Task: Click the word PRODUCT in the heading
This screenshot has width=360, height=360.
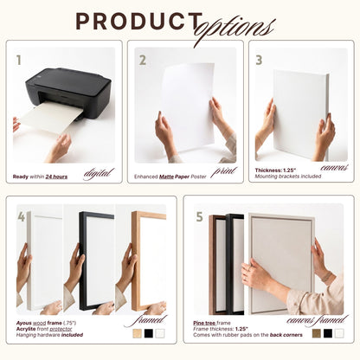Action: pos(139,22)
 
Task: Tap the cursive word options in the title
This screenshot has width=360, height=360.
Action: pos(235,28)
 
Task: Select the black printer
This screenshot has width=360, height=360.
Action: pos(68,93)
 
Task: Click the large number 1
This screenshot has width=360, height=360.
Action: pos(19,61)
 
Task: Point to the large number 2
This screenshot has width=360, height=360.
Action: pos(143,61)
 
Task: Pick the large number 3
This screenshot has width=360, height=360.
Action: pos(259,61)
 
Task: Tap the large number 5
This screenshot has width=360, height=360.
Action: pos(200,217)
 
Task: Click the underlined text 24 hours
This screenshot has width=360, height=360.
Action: pos(56,177)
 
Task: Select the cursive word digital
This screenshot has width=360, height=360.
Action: pos(99,173)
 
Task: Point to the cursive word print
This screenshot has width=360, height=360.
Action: pos(224,171)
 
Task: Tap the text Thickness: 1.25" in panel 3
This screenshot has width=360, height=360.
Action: pos(275,170)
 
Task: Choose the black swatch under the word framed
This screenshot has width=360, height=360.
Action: pos(149,333)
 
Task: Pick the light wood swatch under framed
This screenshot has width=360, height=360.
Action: pos(137,333)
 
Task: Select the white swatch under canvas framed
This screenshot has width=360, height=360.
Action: pos(339,333)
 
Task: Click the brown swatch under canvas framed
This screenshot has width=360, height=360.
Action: pos(317,333)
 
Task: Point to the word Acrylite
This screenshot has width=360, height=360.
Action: pos(26,329)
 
